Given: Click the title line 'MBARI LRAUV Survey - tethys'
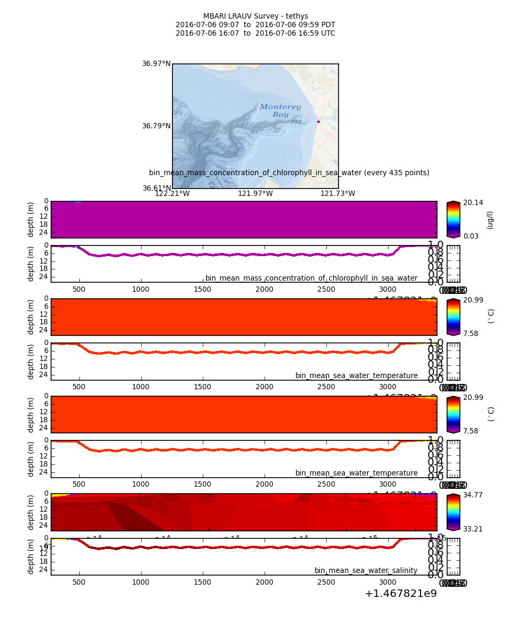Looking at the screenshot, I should tap(256, 17).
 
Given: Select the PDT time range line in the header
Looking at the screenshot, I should tap(256, 25).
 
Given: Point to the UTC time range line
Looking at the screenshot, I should tap(256, 34).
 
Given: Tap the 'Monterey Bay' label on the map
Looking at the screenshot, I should tap(280, 111).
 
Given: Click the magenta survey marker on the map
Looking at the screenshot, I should tap(318, 122).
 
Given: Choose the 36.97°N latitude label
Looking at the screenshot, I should tap(156, 64).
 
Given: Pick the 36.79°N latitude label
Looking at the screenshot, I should tap(156, 126).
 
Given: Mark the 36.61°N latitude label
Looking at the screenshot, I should tap(156, 188).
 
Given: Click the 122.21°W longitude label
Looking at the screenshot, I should tap(172, 194).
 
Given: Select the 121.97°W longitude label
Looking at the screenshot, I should tap(255, 194).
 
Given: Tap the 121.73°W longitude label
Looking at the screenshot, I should tap(337, 194).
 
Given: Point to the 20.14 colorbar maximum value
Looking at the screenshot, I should tap(474, 203).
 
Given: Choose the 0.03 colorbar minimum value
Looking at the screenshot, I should tap(471, 236).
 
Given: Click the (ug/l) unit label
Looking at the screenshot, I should tap(490, 219).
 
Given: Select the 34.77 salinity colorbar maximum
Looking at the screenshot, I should tap(474, 495).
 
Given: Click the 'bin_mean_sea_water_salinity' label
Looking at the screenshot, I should tap(366, 570).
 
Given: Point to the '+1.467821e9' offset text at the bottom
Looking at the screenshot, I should tap(400, 593).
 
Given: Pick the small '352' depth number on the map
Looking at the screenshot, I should tap(296, 122).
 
